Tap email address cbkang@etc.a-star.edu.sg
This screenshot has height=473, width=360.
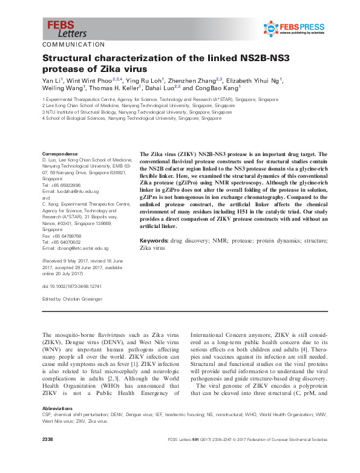[x=81, y=248]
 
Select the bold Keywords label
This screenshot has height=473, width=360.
[x=154, y=241]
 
